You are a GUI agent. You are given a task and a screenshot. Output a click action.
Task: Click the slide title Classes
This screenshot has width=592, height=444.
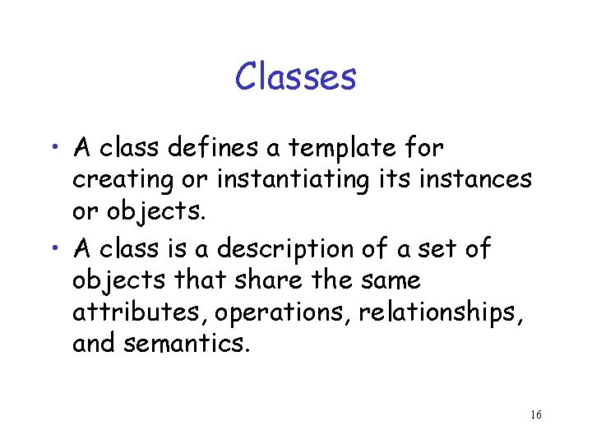(295, 77)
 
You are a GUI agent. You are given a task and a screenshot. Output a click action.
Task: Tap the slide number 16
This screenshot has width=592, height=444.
(535, 414)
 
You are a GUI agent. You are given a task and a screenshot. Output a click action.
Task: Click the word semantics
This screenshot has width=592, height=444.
(184, 344)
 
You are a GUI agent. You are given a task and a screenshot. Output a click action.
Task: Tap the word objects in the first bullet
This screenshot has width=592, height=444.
(147, 211)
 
